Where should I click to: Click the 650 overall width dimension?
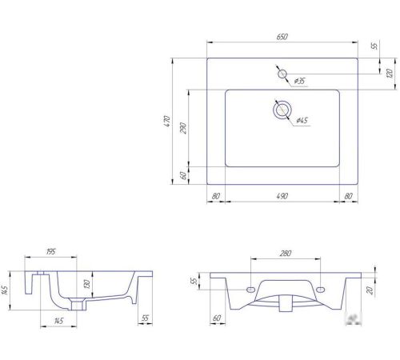pos(282,37)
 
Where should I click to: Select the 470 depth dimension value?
pos(167,121)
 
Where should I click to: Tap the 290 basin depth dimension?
pos(183,128)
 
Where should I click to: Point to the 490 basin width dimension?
pos(282,196)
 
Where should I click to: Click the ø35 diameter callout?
pos(299,81)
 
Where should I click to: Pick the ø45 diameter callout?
pos(302,120)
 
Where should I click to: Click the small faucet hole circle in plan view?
pos(282,74)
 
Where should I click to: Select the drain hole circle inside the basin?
pos(282,110)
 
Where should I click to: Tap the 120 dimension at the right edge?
pos(390,73)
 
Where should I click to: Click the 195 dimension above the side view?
pos(50,251)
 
